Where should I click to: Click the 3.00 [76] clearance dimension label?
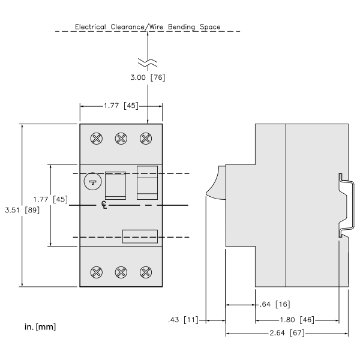(x=148, y=77)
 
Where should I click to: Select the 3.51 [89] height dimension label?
(x=22, y=210)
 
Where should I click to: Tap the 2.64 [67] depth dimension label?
(x=287, y=332)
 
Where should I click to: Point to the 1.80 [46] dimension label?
(x=297, y=320)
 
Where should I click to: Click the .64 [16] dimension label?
(x=275, y=304)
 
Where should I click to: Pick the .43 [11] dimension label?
(x=183, y=320)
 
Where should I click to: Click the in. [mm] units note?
(x=40, y=327)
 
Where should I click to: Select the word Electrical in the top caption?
(x=91, y=26)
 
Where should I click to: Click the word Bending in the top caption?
(x=181, y=27)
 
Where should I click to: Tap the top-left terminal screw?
(x=97, y=139)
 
